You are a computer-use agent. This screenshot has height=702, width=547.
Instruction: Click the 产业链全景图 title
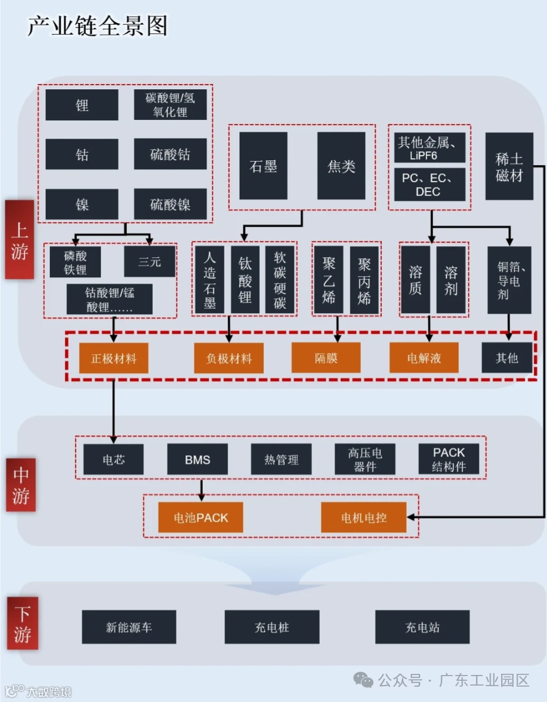(x=98, y=26)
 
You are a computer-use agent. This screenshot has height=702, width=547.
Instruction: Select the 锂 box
(x=82, y=105)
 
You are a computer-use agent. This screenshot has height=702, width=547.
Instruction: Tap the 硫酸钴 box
(x=170, y=154)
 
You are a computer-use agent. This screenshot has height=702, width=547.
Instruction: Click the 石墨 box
(x=263, y=166)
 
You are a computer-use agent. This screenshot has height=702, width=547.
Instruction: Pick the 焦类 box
(x=341, y=166)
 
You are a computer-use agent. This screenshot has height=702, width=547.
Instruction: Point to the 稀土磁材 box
(x=509, y=166)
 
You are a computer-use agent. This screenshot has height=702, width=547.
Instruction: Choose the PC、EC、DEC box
(x=429, y=184)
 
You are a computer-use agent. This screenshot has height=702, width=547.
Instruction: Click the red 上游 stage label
(x=20, y=240)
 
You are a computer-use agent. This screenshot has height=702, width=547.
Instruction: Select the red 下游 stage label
(x=22, y=624)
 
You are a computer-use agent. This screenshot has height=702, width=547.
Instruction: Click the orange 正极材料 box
(x=113, y=358)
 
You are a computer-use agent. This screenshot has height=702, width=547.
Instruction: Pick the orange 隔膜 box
(x=325, y=358)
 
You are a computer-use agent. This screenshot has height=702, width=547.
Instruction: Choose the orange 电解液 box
(x=424, y=358)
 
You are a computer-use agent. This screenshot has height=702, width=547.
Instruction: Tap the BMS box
(x=197, y=459)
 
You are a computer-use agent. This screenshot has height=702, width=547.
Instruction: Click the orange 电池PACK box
(x=200, y=518)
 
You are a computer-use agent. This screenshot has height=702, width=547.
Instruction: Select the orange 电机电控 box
(x=364, y=518)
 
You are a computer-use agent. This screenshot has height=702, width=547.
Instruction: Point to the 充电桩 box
(x=272, y=627)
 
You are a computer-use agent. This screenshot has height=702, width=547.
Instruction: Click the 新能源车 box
(x=129, y=627)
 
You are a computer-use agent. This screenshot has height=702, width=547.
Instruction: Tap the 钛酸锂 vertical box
(x=245, y=280)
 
